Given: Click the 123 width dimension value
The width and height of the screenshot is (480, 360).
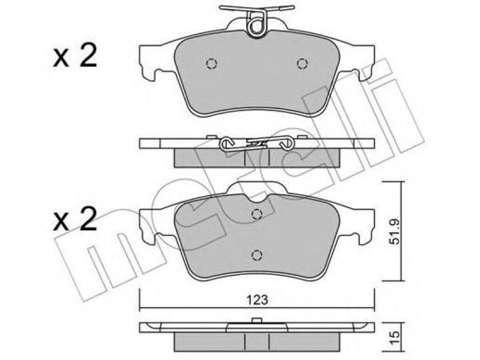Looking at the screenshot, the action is (257, 300).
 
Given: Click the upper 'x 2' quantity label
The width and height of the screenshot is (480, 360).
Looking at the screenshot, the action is (75, 55).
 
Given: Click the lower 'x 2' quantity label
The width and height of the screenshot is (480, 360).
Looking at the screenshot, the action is (75, 220).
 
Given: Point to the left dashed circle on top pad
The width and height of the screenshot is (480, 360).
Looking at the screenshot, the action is (211, 64).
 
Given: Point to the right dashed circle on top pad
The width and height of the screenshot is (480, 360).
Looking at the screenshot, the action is (302, 64).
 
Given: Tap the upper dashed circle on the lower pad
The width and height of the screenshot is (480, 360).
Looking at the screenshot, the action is (257, 214).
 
